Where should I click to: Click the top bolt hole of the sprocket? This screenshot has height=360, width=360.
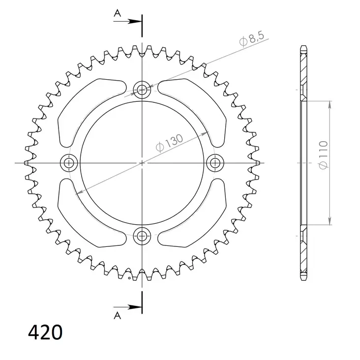[x=142, y=90]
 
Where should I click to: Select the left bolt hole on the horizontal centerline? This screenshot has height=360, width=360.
[x=69, y=163]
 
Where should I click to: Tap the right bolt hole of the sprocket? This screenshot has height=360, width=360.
[x=215, y=163]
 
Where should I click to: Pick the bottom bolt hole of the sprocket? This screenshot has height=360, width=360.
[x=142, y=236]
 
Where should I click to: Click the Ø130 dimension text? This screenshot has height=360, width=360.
[x=170, y=143]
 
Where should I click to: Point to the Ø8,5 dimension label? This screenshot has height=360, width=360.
[x=252, y=39]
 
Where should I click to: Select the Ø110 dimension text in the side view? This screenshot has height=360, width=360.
[x=323, y=155]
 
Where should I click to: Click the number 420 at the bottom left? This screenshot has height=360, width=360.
[x=45, y=332]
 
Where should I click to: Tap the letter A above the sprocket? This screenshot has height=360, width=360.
[x=118, y=14]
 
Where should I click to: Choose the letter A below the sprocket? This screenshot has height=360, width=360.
[x=118, y=316]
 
